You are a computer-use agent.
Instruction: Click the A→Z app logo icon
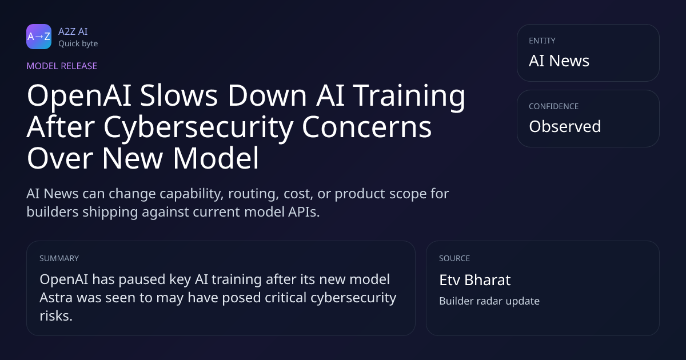[x=39, y=37]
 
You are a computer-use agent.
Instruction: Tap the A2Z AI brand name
[x=73, y=31]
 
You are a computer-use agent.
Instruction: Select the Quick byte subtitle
[x=78, y=44]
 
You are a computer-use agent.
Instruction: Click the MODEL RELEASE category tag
[x=62, y=66]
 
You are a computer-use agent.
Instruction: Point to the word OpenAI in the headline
[x=79, y=96]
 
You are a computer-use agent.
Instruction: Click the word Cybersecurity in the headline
[x=198, y=127]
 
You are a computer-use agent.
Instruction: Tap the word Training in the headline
[x=409, y=96]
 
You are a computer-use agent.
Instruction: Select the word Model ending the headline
[x=216, y=158]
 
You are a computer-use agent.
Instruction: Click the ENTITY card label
[x=542, y=41]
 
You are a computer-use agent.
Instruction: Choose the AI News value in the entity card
[x=559, y=61]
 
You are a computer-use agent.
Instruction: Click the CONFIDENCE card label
[x=554, y=106]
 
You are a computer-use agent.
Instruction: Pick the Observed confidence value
[x=565, y=126]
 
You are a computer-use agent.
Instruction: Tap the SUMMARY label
[x=59, y=258]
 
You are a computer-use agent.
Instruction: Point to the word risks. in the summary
[x=56, y=316]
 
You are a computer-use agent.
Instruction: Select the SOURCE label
[x=454, y=258]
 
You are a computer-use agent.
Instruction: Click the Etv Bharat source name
[x=475, y=280]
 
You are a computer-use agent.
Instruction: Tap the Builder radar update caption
[x=489, y=301]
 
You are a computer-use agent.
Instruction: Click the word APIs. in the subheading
[x=304, y=212]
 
